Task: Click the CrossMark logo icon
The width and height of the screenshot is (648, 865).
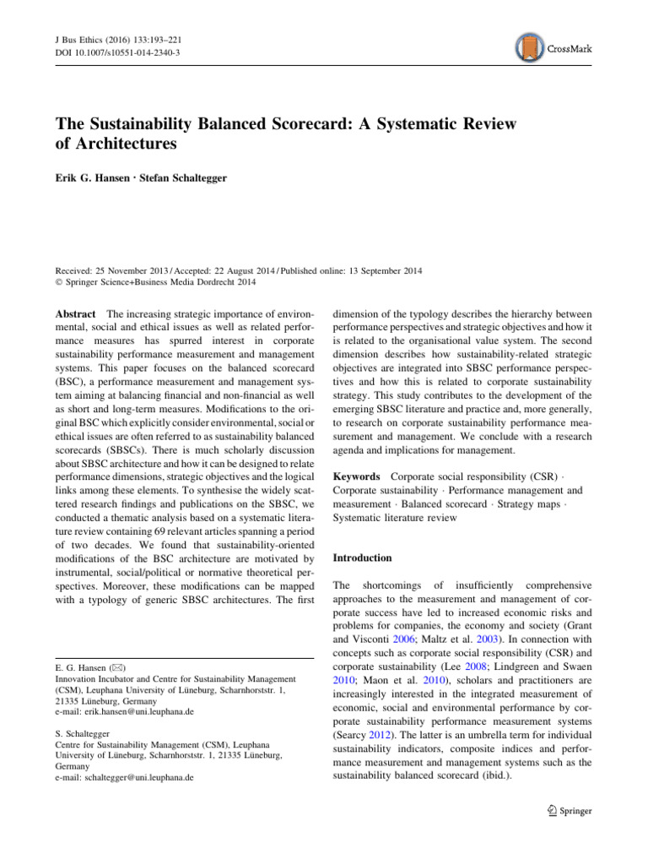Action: tap(529, 48)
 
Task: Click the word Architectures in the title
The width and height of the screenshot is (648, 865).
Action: tap(128, 144)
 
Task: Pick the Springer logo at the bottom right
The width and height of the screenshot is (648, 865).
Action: tap(561, 810)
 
